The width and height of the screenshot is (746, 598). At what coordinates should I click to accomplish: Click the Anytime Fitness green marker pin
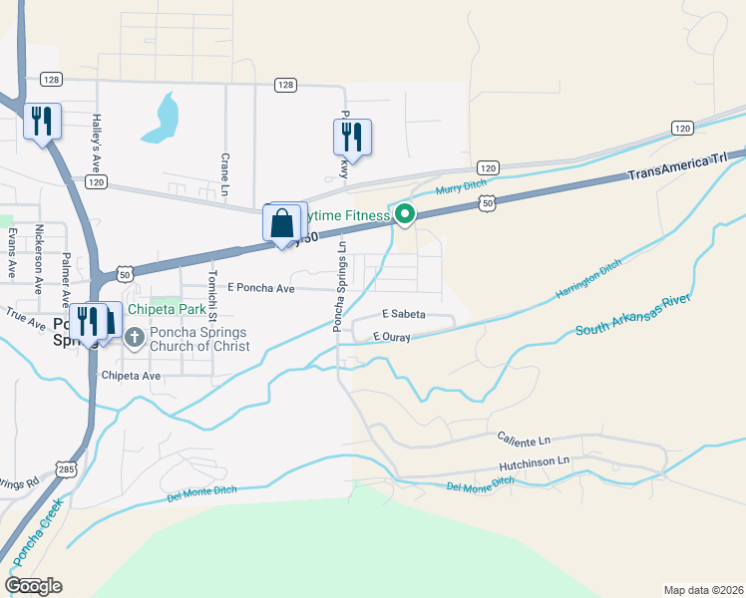click(x=405, y=213)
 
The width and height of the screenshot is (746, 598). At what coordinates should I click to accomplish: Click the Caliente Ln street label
click(x=524, y=438)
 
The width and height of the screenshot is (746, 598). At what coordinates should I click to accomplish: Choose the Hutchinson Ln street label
click(x=534, y=461)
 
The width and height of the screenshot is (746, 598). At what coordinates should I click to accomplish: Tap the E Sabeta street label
click(x=402, y=314)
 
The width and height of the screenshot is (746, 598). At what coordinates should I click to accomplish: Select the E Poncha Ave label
click(x=261, y=288)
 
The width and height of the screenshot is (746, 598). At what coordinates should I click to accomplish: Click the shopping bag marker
click(x=282, y=222)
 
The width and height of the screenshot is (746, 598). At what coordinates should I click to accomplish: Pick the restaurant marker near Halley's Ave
click(x=42, y=122)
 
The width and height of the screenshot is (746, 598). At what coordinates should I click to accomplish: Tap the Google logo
click(x=33, y=585)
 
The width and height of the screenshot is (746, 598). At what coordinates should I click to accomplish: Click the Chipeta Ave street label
click(x=131, y=376)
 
